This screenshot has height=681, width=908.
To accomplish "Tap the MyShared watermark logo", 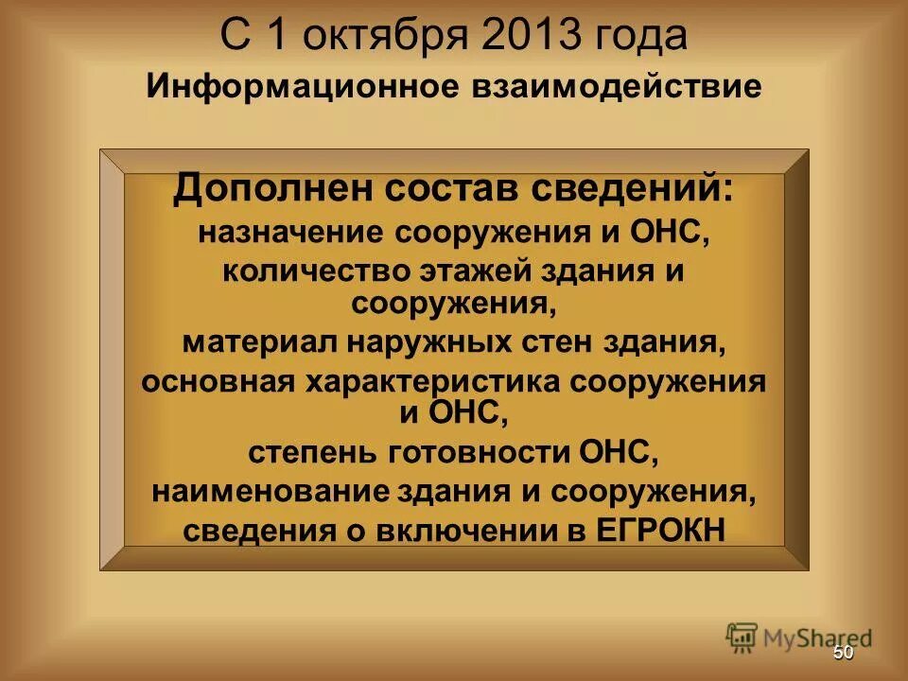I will tap(799, 636).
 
